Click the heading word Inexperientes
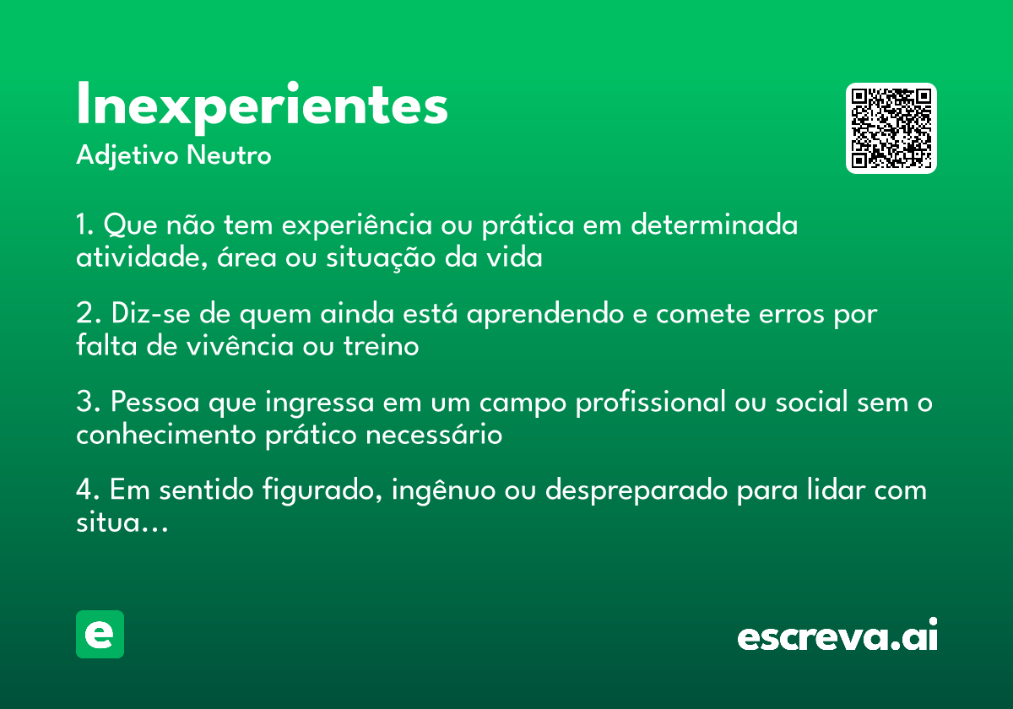262,106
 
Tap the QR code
891,128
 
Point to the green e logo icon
100,635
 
